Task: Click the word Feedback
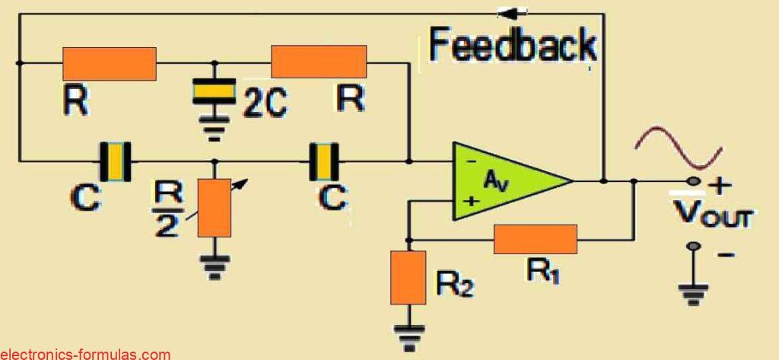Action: (x=513, y=45)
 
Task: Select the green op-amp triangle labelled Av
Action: (x=506, y=181)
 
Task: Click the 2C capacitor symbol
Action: (x=215, y=91)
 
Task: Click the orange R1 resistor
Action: (x=535, y=239)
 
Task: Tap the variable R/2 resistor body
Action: (x=214, y=207)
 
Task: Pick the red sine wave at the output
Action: (x=679, y=148)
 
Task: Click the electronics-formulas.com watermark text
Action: (x=85, y=354)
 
